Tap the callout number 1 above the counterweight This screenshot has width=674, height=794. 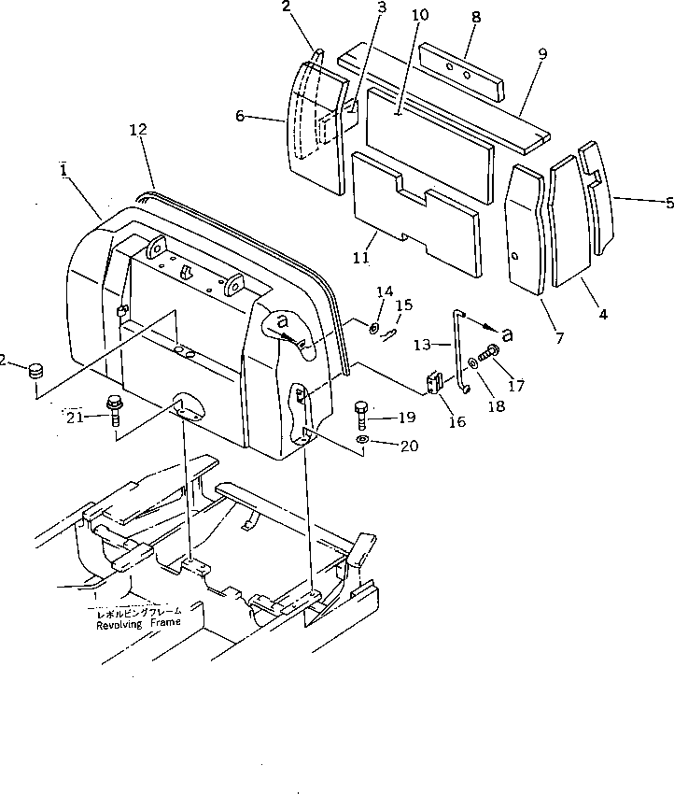pos(62,170)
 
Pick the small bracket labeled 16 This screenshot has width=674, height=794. pos(435,383)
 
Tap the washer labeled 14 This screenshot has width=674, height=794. pos(373,329)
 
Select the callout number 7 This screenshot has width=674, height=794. pos(559,338)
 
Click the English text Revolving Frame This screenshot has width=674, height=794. pos(140,625)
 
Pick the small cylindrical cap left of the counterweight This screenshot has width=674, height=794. pos(35,372)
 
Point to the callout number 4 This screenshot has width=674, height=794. pos(603,315)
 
